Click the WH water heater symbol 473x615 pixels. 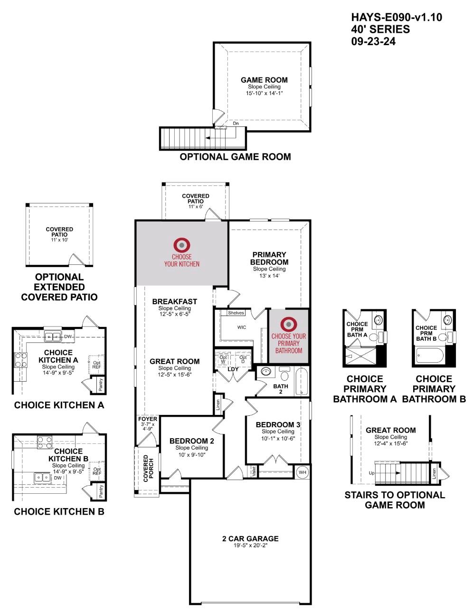click(303, 472)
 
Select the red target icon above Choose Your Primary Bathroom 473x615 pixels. click(288, 325)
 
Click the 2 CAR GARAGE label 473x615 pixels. click(250, 538)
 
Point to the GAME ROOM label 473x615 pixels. click(264, 80)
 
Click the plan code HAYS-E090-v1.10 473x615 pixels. click(397, 18)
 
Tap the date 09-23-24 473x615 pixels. click(373, 41)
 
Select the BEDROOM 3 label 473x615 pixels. click(278, 424)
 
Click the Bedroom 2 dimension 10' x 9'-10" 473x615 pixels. click(192, 455)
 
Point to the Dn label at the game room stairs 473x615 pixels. click(236, 124)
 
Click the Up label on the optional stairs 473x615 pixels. click(371, 473)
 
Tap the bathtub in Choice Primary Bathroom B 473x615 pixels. click(430, 354)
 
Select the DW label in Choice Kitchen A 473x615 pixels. click(68, 336)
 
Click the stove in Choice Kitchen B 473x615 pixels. click(45, 443)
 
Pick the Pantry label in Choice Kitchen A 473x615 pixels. click(101, 384)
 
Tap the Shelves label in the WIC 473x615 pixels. click(236, 313)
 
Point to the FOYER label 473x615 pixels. click(147, 419)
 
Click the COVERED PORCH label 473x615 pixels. click(146, 469)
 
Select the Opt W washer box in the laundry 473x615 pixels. click(223, 359)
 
